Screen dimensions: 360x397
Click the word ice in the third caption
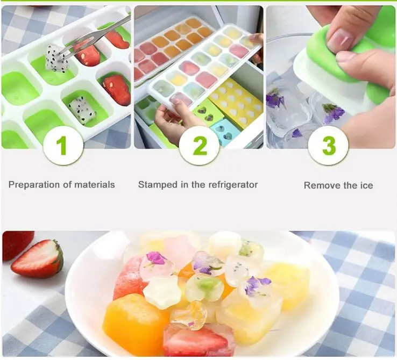point(366,185)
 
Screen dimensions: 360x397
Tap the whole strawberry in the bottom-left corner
point(16,244)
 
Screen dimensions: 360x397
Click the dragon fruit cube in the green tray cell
point(82,110)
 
